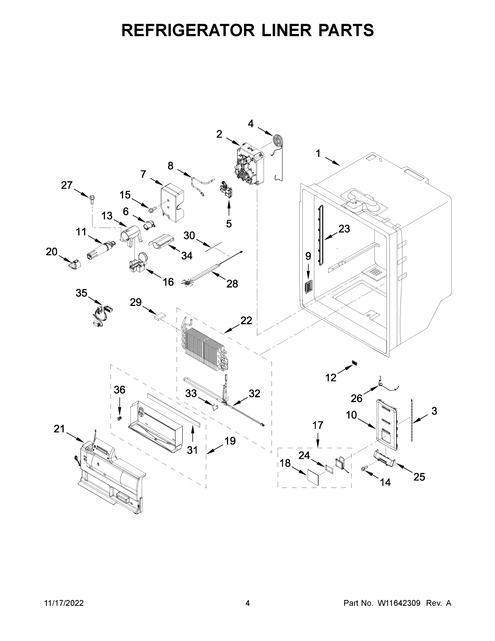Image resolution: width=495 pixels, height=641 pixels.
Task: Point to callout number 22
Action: pyautogui.click(x=246, y=321)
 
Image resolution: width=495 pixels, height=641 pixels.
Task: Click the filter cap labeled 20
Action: pyautogui.click(x=75, y=264)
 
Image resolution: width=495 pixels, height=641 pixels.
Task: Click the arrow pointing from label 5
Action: pyautogui.click(x=229, y=210)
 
